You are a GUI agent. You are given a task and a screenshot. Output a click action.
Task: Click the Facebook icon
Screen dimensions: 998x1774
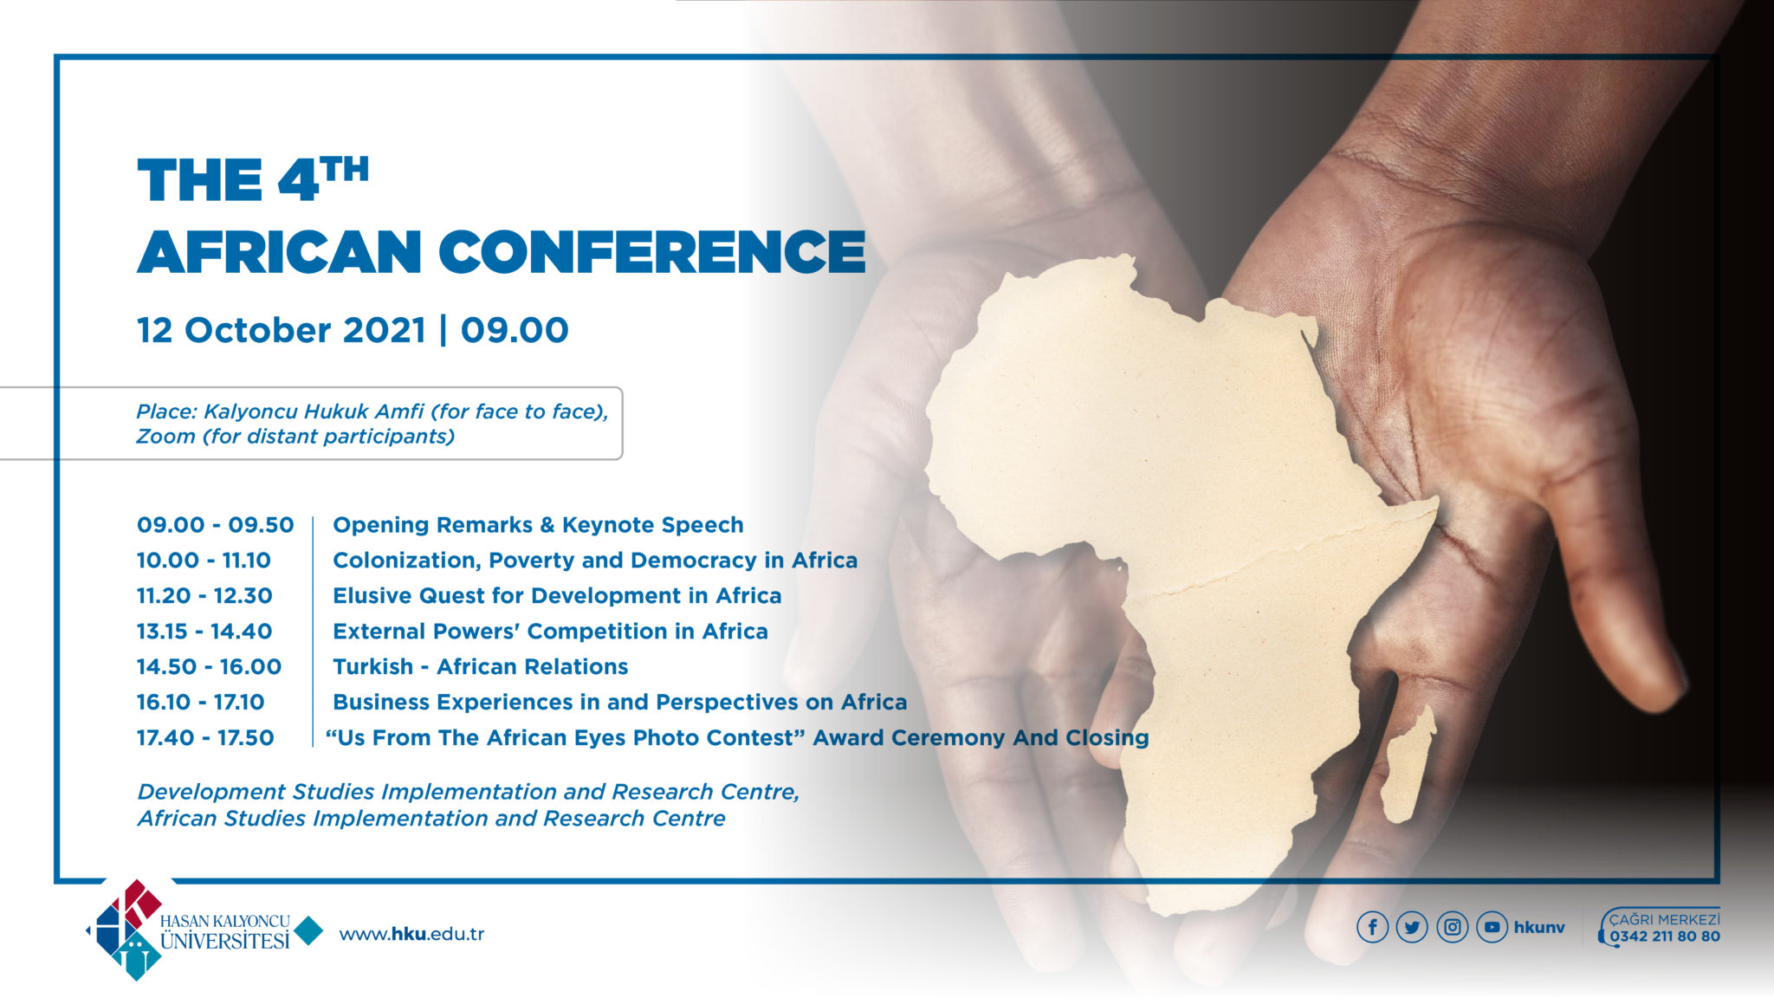pyautogui.click(x=1372, y=927)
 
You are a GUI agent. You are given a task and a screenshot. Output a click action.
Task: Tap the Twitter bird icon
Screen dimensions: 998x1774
pyautogui.click(x=1412, y=927)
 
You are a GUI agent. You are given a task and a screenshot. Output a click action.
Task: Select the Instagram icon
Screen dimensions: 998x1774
pyautogui.click(x=1452, y=927)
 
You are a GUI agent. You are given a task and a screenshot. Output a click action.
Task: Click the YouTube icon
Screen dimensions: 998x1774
pyautogui.click(x=1492, y=927)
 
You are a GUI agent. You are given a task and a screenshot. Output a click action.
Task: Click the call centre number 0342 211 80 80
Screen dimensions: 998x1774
pyautogui.click(x=1664, y=936)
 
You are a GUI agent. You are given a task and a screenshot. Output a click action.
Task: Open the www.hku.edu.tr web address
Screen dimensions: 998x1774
pyautogui.click(x=411, y=934)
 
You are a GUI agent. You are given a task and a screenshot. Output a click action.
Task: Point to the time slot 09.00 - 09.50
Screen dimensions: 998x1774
pyautogui.click(x=215, y=525)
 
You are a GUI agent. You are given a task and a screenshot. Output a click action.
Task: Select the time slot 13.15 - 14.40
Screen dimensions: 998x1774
pyautogui.click(x=204, y=632)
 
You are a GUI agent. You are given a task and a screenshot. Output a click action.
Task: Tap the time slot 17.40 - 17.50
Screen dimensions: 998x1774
pyautogui.click(x=205, y=738)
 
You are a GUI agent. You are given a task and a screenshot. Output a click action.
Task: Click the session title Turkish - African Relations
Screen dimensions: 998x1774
pyautogui.click(x=480, y=667)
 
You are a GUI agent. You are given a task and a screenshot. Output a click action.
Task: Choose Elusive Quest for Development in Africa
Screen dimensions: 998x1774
pyautogui.click(x=557, y=596)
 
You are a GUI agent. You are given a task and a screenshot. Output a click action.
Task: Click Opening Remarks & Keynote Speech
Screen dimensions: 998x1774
pyautogui.click(x=538, y=525)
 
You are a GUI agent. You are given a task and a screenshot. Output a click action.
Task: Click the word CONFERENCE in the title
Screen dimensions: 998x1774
pyautogui.click(x=651, y=252)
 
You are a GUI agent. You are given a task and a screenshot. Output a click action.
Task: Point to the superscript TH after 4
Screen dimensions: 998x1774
pyautogui.click(x=345, y=169)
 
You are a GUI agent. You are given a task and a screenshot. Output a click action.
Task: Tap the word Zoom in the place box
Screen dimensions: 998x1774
pyautogui.click(x=165, y=437)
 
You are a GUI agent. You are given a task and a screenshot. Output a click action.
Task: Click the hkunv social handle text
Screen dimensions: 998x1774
pyautogui.click(x=1539, y=928)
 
